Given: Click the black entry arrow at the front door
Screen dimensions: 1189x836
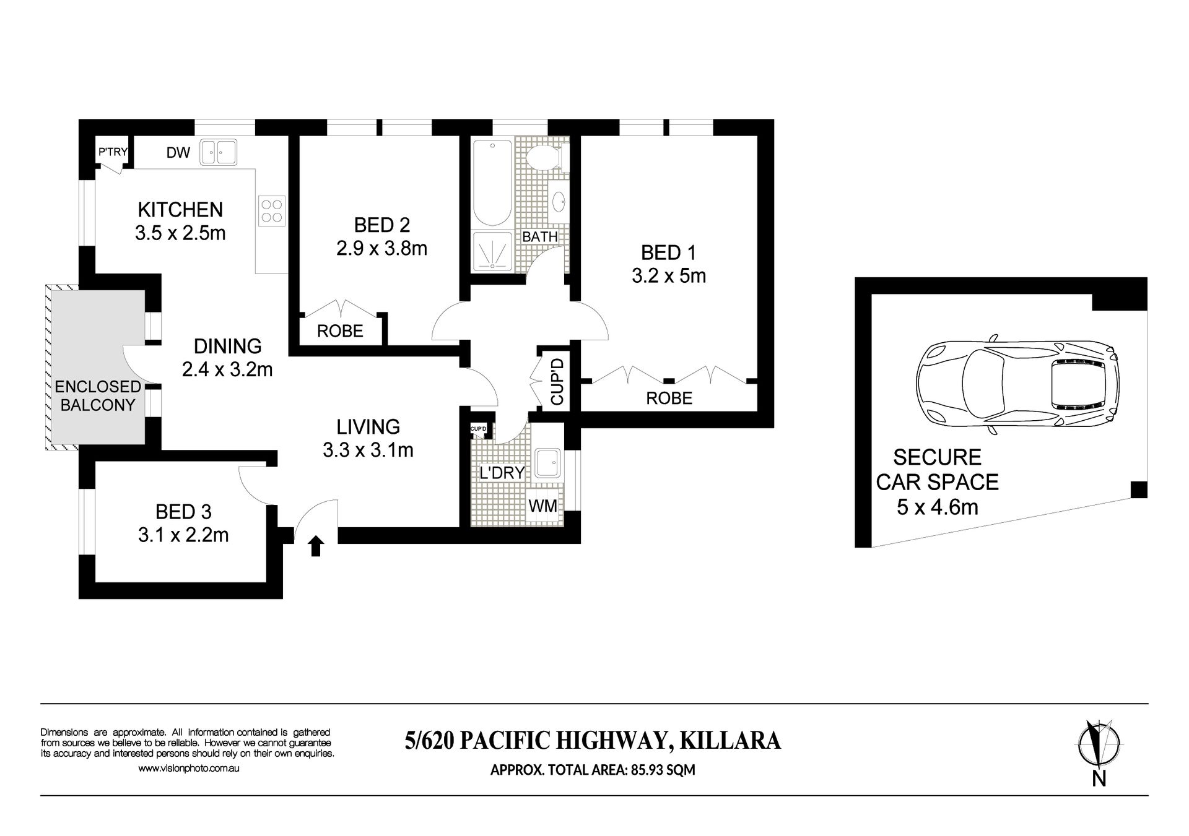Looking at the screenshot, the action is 316,546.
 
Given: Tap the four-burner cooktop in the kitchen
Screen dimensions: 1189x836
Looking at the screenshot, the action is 272,210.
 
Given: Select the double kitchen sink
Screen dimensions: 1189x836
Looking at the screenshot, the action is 217,152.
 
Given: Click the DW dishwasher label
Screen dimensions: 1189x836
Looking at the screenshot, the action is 178,152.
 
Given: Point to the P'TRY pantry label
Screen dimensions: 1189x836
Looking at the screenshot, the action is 113,151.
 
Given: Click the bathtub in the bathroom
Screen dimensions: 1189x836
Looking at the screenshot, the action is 492,183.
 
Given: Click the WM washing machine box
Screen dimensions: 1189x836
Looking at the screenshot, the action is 542,506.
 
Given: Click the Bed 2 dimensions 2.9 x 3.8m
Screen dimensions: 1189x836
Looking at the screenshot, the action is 382,248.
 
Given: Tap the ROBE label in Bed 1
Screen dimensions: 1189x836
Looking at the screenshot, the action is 669,398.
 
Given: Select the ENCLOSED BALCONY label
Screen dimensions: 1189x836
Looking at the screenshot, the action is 98,396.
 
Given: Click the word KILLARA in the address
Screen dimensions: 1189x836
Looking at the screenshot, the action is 731,741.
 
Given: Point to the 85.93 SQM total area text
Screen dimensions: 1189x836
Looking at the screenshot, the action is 663,770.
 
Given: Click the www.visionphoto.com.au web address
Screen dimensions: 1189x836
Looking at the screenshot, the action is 188,769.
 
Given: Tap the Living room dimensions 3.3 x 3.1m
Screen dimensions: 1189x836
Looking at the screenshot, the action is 368,450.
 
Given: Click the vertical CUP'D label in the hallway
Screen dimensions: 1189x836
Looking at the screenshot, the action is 557,382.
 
